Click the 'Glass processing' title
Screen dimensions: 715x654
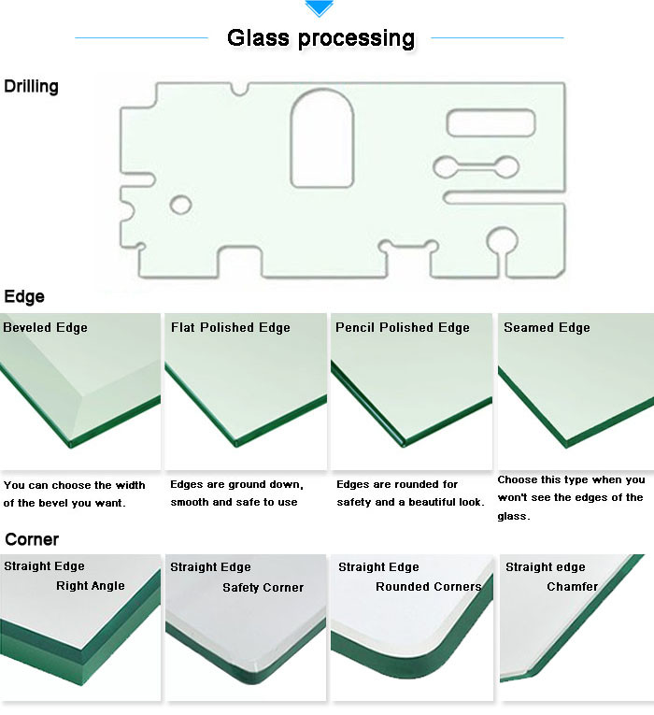tap(320, 38)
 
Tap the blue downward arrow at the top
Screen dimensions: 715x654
tap(320, 8)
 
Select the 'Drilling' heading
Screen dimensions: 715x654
tap(31, 87)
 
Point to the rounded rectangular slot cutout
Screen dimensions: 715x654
tap(490, 122)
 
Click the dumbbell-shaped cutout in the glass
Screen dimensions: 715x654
tap(476, 167)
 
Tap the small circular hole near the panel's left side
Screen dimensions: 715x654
tap(180, 205)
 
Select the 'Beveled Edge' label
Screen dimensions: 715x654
tap(45, 327)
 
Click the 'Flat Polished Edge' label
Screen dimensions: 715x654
tap(230, 327)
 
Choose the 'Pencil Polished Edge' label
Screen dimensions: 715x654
tap(402, 327)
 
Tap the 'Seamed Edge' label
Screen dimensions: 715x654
tap(547, 327)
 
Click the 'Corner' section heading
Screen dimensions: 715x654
tap(31, 539)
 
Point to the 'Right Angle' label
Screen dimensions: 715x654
tap(90, 586)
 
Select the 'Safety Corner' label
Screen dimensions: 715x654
tap(263, 587)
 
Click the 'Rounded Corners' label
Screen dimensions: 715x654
tap(428, 587)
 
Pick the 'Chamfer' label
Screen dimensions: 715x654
tap(572, 587)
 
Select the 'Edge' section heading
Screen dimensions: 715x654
tap(24, 297)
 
